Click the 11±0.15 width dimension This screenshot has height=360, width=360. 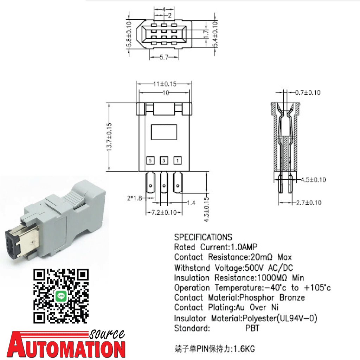[x=164, y=84]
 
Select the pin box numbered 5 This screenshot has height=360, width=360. [x=151, y=161]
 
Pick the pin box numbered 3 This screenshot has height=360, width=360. [x=164, y=161]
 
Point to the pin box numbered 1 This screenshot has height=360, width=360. [x=178, y=161]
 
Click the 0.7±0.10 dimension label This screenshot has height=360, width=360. [x=308, y=93]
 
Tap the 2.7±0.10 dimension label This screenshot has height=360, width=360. [x=308, y=202]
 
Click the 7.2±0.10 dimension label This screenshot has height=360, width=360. [x=163, y=212]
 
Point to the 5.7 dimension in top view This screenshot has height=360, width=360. [x=163, y=58]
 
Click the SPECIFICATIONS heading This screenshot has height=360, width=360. [x=203, y=237]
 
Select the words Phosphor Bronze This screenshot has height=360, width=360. [x=274, y=298]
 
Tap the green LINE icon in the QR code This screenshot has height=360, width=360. [x=61, y=296]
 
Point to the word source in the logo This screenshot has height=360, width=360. [x=107, y=334]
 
